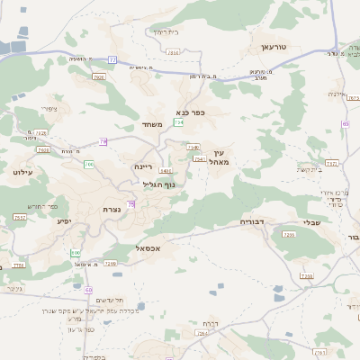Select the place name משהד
(x=151, y=124)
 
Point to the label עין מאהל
(x=222, y=157)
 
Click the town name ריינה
(x=144, y=166)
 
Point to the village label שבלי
(x=311, y=221)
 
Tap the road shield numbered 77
(x=112, y=59)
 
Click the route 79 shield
(x=103, y=141)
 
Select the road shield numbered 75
(x=131, y=205)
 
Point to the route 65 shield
(x=88, y=290)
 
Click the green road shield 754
(x=180, y=122)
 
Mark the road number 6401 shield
(x=165, y=170)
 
